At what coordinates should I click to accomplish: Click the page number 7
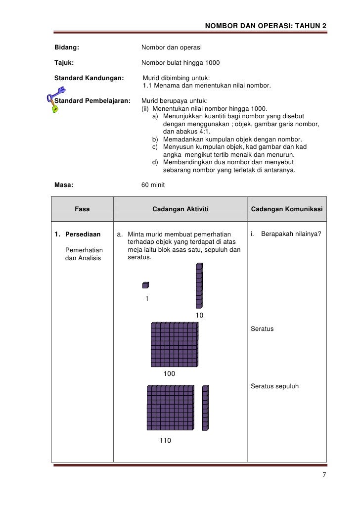pyautogui.click(x=324, y=475)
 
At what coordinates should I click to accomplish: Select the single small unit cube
pyautogui.click(x=145, y=285)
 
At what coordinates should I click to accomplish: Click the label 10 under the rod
pyautogui.click(x=200, y=316)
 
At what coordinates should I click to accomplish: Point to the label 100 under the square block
pyautogui.click(x=169, y=374)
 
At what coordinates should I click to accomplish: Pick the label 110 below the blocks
pyautogui.click(x=165, y=440)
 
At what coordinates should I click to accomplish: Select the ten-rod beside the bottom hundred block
pyautogui.click(x=205, y=408)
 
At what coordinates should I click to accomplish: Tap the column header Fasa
pyautogui.click(x=82, y=209)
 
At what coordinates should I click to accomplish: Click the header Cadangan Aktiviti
pyautogui.click(x=180, y=209)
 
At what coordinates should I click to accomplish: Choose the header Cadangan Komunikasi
pyautogui.click(x=287, y=209)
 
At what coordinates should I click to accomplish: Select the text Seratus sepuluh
pyautogui.click(x=275, y=386)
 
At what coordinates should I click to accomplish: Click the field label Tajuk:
pyautogui.click(x=64, y=63)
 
